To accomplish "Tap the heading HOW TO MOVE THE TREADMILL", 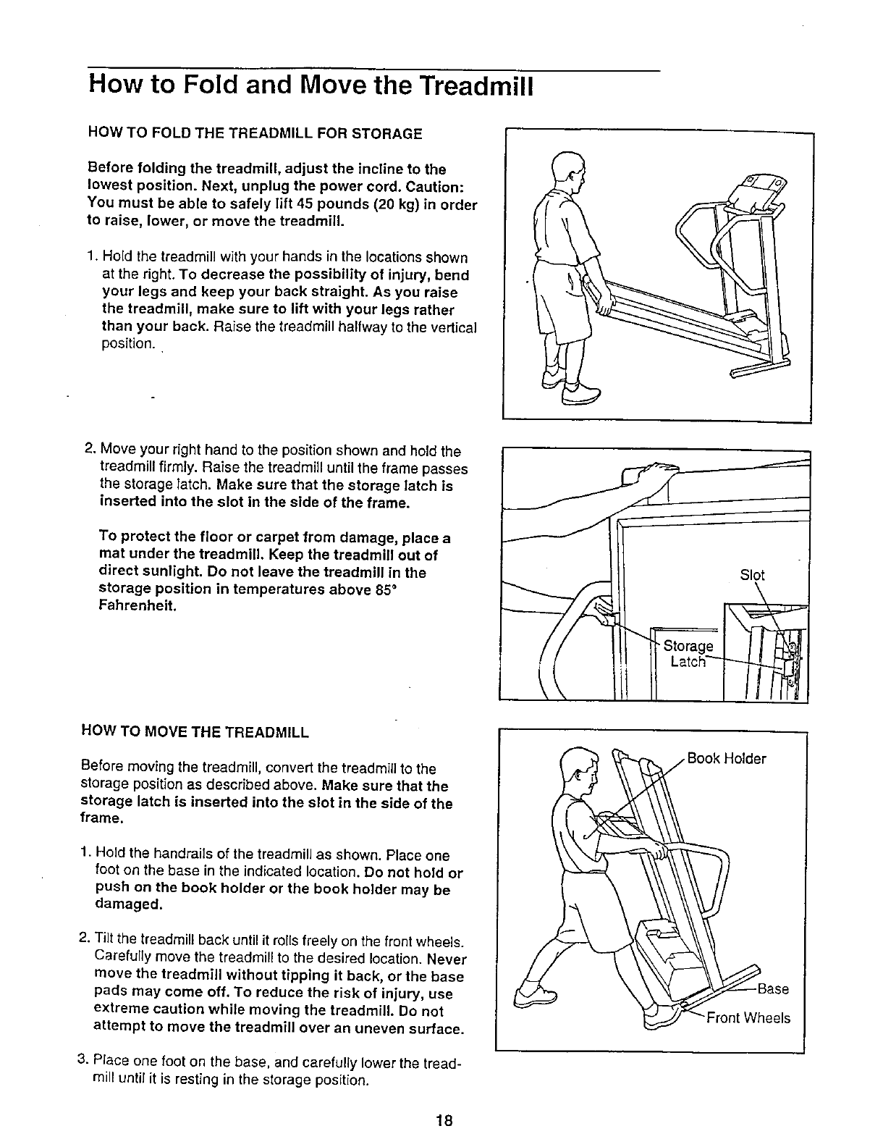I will click(198, 732).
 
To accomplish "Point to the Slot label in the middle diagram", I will click(752, 576).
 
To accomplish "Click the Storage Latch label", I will click(688, 654).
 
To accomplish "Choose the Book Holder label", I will click(726, 759).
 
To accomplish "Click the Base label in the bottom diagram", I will click(773, 989).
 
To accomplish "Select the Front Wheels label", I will click(748, 1018).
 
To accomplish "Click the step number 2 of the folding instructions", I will click(90, 451).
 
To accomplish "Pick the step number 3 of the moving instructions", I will click(83, 1062).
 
